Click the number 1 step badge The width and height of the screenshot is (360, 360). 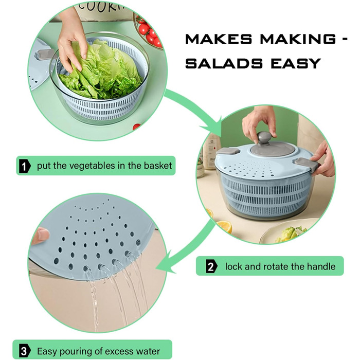[x=25, y=166]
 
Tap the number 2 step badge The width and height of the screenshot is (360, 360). [x=211, y=266]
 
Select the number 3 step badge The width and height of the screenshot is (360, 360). [x=24, y=351]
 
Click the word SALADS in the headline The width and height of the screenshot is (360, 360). [x=224, y=63]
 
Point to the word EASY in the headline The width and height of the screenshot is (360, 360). [x=296, y=63]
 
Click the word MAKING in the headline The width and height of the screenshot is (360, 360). [x=298, y=39]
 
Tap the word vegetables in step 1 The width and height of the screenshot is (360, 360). [x=92, y=166]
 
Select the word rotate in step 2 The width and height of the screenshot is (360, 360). [x=277, y=266]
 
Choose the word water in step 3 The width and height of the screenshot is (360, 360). [x=148, y=351]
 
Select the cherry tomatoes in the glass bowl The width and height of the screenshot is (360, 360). [x=149, y=32]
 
